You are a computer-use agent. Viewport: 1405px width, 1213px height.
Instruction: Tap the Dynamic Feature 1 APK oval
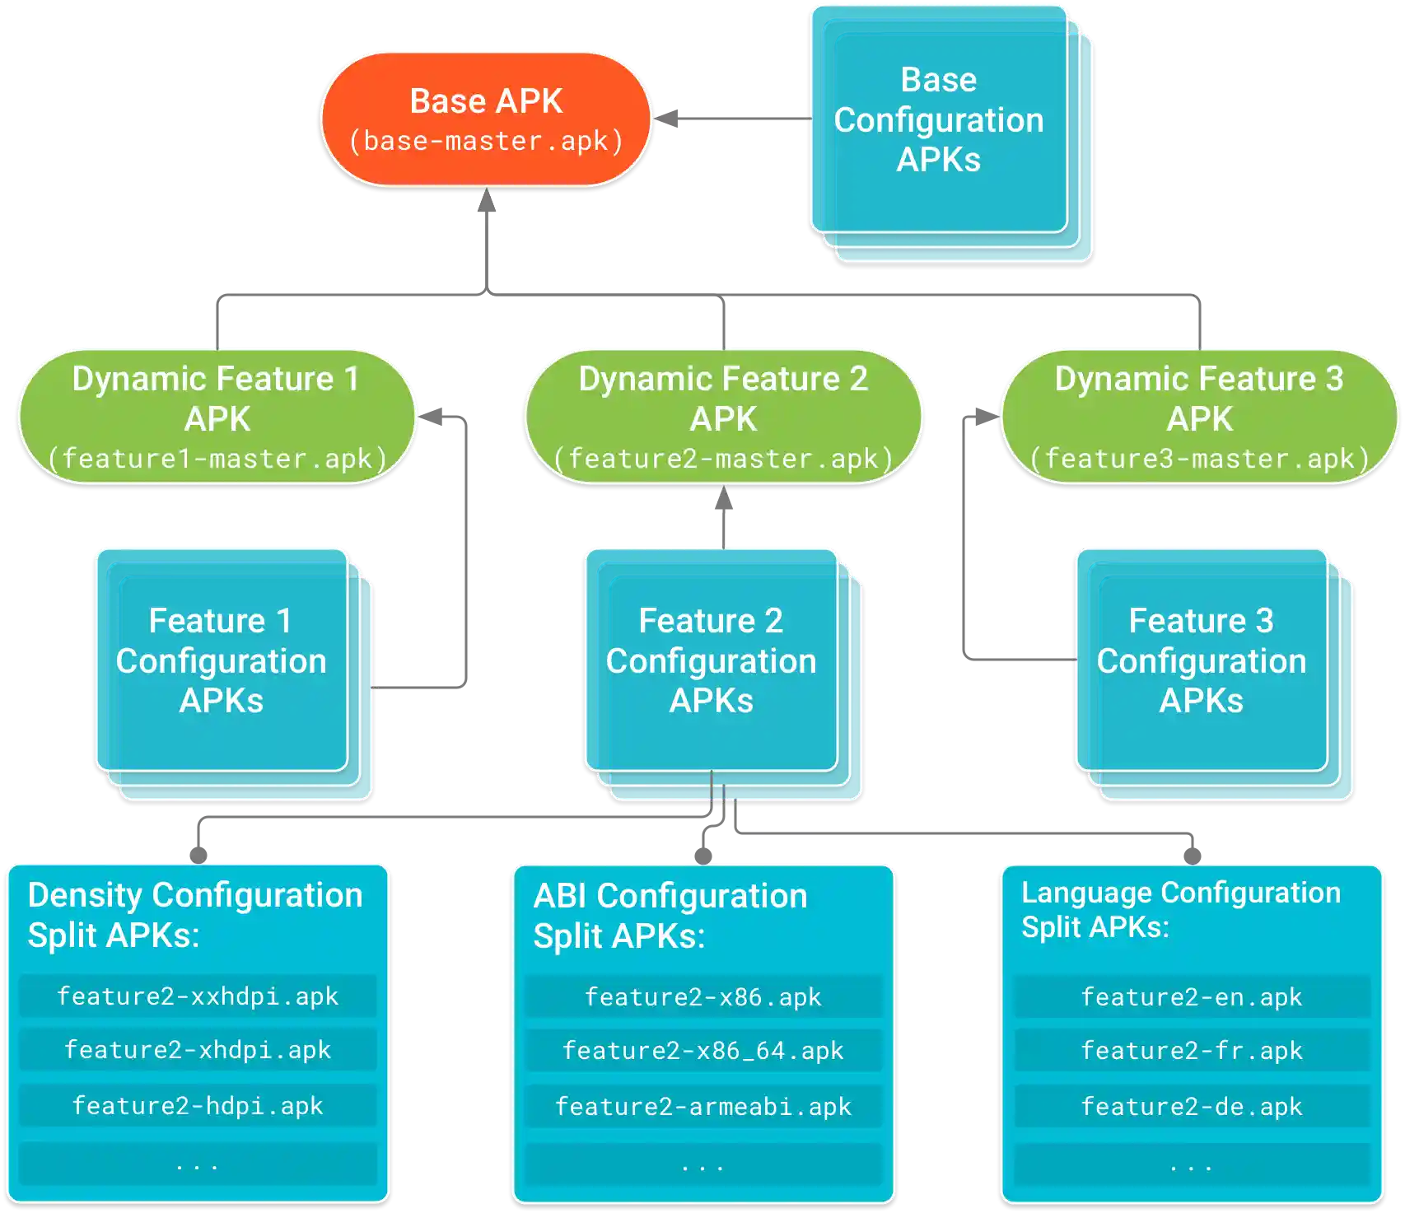coord(216,416)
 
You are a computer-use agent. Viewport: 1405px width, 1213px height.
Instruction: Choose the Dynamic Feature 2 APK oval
coord(723,416)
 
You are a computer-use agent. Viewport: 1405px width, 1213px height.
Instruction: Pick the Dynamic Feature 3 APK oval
coord(1199,416)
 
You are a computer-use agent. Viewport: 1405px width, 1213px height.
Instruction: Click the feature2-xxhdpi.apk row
coord(198,996)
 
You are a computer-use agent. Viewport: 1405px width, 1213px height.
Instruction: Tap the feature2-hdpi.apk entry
coord(198,1105)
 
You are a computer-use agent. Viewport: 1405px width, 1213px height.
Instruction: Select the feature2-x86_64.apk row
coord(702,1051)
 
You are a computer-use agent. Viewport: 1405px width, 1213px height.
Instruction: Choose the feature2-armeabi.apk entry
coord(702,1106)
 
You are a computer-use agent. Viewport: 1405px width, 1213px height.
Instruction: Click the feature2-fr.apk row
coord(1191,1051)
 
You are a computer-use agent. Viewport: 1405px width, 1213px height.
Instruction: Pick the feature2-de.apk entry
coord(1191,1106)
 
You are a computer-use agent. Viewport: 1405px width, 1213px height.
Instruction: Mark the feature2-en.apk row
coord(1191,997)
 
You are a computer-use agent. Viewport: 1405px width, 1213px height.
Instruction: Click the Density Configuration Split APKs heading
coord(194,915)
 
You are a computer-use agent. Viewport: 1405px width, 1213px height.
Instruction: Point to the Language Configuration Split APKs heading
coord(1180,909)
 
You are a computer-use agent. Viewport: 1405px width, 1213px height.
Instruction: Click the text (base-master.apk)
coord(486,141)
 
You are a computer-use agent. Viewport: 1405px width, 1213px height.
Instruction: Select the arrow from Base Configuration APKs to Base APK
coord(733,119)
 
